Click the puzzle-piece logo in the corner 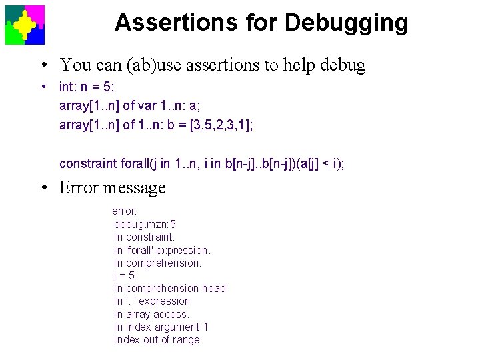point(25,25)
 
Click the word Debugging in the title point(346,23)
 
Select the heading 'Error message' point(112,187)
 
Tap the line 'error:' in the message point(125,211)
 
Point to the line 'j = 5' point(124,275)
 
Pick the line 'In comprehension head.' point(171,288)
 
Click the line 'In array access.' point(151,314)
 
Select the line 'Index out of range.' point(158,339)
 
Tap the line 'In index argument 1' point(161,327)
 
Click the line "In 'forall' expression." point(162,250)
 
